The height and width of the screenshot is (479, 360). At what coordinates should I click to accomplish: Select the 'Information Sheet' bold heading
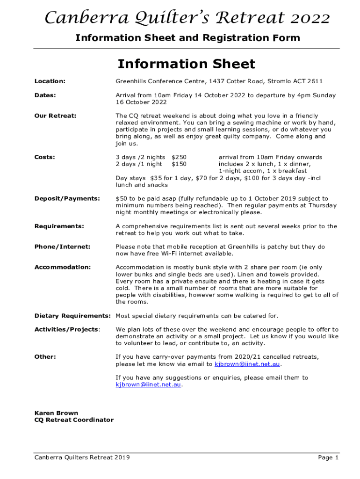click(186, 64)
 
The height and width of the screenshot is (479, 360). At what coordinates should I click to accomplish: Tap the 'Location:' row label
click(50, 81)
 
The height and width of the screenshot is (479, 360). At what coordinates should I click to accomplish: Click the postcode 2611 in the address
click(315, 81)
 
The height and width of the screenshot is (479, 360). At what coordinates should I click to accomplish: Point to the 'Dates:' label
click(45, 95)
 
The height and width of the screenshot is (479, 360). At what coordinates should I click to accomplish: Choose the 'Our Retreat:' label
click(55, 116)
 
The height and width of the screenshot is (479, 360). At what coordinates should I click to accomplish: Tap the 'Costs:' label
click(45, 157)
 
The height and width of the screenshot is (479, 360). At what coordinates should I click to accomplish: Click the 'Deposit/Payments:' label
click(67, 199)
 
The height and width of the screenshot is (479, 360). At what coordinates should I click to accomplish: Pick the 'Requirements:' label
click(59, 226)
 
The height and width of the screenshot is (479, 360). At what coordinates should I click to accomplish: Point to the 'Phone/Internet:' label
click(63, 247)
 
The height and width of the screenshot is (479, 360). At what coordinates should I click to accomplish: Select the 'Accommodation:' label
click(63, 268)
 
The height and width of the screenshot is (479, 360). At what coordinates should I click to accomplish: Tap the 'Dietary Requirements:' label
click(73, 316)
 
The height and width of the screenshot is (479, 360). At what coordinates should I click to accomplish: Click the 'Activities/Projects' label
click(66, 330)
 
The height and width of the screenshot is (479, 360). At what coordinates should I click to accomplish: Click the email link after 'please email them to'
click(148, 385)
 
